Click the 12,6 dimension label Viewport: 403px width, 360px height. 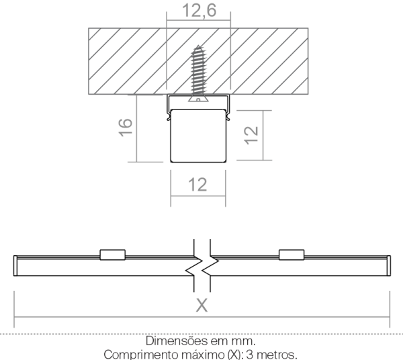tap(199, 11)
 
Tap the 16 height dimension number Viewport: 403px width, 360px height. tap(126, 127)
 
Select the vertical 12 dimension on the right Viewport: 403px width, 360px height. tap(251, 136)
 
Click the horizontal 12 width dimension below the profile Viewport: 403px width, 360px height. tap(197, 185)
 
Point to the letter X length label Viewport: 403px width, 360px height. tap(201, 306)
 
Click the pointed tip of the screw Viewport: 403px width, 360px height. tap(198, 46)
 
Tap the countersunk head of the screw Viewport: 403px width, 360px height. tap(198, 98)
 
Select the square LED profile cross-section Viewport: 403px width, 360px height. tap(198, 136)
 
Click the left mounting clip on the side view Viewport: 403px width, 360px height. tap(113, 255)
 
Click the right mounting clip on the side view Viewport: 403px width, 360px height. tap(292, 255)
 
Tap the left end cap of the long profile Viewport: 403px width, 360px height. tap(15, 266)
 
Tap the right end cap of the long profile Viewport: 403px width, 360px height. tap(389, 266)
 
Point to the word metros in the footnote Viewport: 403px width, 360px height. tap(277, 355)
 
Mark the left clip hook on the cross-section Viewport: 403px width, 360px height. tap(169, 117)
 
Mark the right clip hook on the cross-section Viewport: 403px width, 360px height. tap(228, 117)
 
